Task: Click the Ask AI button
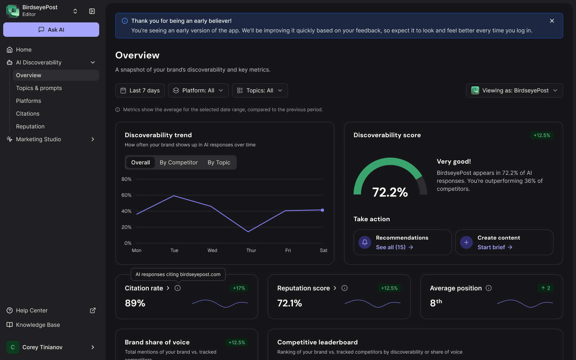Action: (x=51, y=30)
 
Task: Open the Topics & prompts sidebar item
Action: (x=39, y=88)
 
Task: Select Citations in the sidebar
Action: (x=28, y=114)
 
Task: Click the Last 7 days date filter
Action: (x=140, y=90)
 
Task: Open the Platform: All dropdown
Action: (x=198, y=90)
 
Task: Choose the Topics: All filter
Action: (x=260, y=90)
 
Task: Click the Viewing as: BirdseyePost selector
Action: (x=514, y=90)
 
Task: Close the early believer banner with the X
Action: (x=552, y=21)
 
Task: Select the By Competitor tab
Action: (x=178, y=162)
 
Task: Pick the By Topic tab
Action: (x=219, y=162)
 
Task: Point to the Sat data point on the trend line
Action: (x=322, y=210)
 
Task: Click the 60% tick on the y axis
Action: (x=126, y=195)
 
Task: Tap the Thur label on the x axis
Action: (x=251, y=250)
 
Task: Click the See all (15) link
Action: (x=394, y=247)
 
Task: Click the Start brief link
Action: (x=495, y=247)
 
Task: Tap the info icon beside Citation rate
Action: (x=178, y=288)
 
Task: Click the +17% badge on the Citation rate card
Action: (x=239, y=288)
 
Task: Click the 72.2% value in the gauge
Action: (x=390, y=192)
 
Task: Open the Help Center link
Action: (x=32, y=310)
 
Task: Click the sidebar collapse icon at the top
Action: (x=92, y=11)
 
